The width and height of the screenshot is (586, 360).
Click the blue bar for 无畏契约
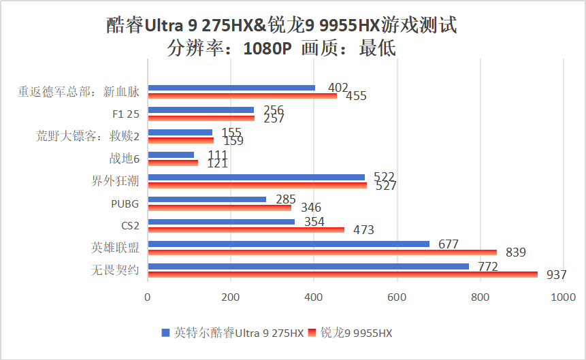tap(308, 266)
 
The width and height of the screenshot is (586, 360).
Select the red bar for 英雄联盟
tap(322, 252)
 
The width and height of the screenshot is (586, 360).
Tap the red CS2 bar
tap(246, 229)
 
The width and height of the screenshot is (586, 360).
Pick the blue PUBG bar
tap(206, 199)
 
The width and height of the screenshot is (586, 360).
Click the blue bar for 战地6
tap(170, 155)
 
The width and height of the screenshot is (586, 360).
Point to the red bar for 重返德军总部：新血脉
tap(242, 95)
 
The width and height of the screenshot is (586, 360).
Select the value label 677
tap(449, 244)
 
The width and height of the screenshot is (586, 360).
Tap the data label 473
tap(363, 230)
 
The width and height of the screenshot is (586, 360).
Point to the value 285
tap(285, 199)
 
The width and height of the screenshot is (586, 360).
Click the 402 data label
tap(338, 88)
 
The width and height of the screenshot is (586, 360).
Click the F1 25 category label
tap(125, 114)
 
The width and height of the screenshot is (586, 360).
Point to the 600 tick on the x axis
tap(397, 297)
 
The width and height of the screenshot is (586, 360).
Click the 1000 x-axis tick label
tap(563, 297)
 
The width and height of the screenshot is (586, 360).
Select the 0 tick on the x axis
tap(148, 297)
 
